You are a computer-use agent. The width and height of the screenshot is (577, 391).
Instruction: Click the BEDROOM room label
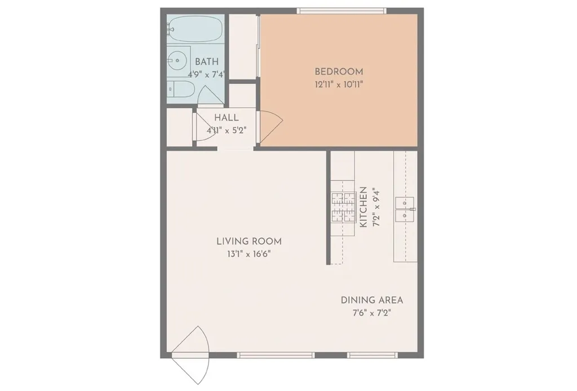[339, 72]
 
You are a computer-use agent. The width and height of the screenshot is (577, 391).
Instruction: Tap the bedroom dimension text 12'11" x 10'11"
[339, 85]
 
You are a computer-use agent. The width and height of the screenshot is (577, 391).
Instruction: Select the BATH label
[207, 61]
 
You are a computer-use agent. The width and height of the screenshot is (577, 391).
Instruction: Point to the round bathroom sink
[178, 59]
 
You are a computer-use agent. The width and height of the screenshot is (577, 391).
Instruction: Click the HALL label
[226, 118]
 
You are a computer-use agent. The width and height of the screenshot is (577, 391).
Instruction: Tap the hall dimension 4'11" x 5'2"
[226, 130]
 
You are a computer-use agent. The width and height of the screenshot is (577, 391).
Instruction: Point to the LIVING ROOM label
[249, 241]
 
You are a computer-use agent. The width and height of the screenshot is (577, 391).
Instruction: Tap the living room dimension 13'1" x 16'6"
[249, 254]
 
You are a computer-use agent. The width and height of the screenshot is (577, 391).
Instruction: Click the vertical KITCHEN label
[363, 207]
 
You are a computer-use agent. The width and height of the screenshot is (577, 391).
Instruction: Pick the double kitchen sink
[405, 208]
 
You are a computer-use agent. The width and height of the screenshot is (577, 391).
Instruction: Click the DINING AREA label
[372, 300]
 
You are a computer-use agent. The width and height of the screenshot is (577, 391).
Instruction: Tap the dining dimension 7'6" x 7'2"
[372, 313]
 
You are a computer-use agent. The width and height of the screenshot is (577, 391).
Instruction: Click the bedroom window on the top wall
[341, 10]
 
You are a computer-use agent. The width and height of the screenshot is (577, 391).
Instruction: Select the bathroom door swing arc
[210, 95]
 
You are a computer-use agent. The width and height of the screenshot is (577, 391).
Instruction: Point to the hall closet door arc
[201, 127]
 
